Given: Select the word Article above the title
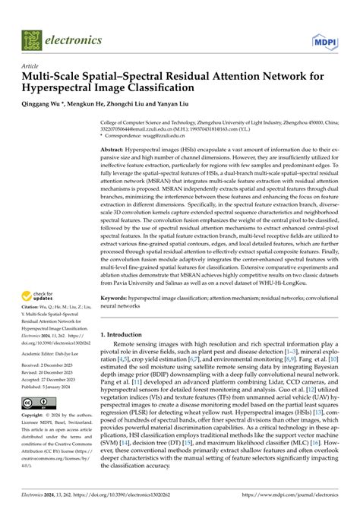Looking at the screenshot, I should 31,66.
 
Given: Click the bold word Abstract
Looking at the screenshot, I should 113,151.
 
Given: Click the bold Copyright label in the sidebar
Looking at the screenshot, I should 36,417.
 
